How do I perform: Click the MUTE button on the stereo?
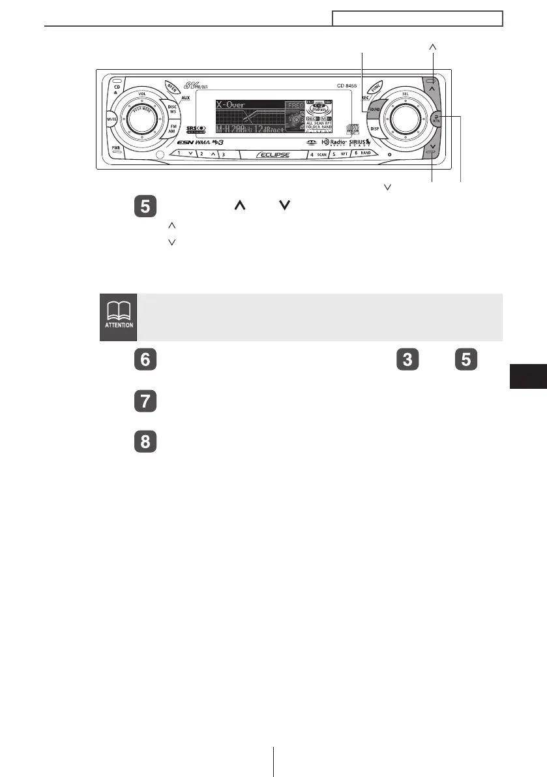111,120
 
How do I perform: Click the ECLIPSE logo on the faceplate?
272,155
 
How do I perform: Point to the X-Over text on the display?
231,104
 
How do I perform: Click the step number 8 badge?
145,441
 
